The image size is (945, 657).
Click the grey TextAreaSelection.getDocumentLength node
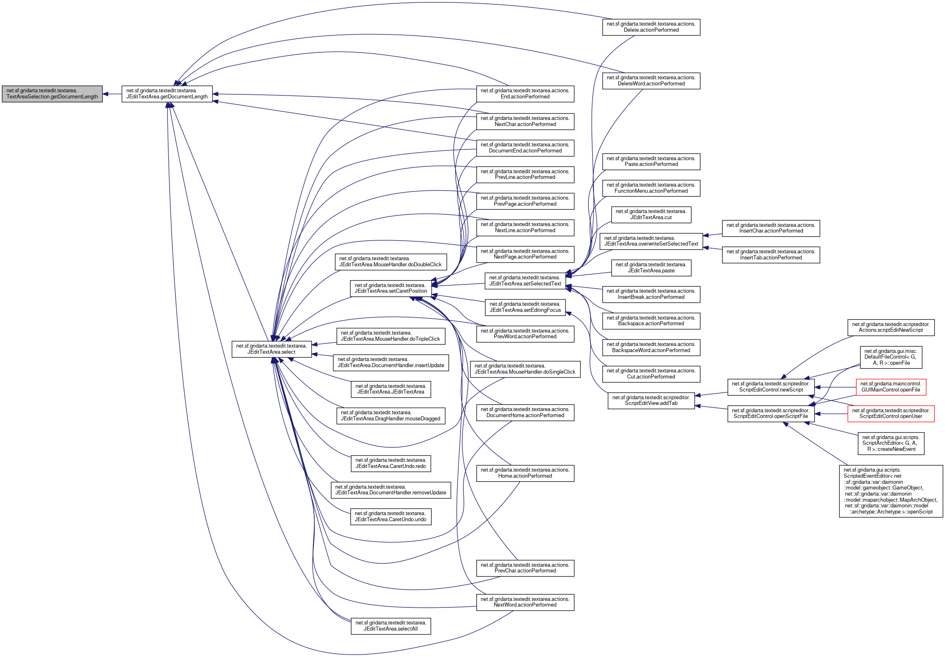(x=52, y=94)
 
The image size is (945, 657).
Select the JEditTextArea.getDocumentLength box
(x=167, y=94)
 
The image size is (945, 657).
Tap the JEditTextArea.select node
(x=271, y=349)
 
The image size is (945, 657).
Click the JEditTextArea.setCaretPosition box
(x=391, y=288)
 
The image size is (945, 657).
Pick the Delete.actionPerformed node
(x=651, y=27)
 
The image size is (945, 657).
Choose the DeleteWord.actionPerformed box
(x=651, y=80)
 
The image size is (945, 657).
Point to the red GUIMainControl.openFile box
(x=891, y=387)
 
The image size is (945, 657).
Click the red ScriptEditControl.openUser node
(x=891, y=414)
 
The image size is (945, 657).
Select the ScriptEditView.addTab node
(x=651, y=400)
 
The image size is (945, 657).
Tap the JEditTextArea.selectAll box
(x=391, y=626)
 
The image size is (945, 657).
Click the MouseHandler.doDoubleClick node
(x=391, y=262)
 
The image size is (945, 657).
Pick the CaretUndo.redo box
(x=391, y=463)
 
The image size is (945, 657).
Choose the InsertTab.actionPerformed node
(x=771, y=255)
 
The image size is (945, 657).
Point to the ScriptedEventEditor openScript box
(x=891, y=491)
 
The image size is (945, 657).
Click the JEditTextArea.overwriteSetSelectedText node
(x=651, y=241)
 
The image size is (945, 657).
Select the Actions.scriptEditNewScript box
(x=891, y=327)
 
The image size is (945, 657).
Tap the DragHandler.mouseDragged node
(x=391, y=416)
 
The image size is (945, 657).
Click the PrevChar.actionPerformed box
(x=525, y=568)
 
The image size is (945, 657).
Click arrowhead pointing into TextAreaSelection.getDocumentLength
(x=105, y=94)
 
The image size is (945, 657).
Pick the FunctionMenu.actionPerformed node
(x=651, y=188)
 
